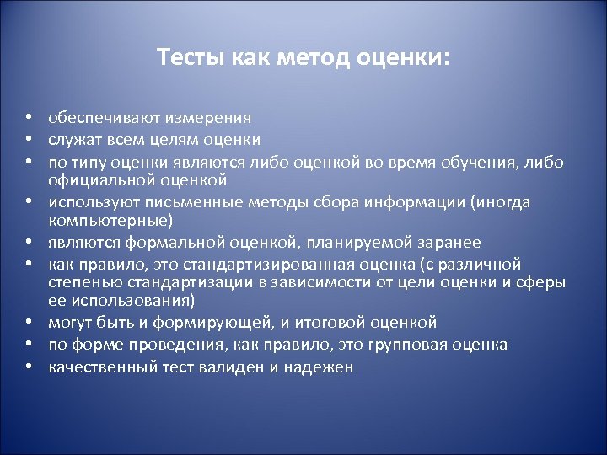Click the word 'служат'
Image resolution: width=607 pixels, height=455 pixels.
pyautogui.click(x=73, y=140)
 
